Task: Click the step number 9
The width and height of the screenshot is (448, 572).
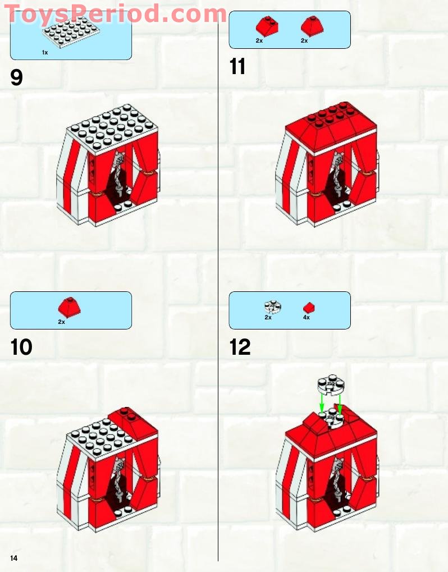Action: pos(17,77)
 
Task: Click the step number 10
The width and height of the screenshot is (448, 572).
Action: pos(22,347)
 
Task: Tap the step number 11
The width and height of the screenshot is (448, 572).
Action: pos(237,67)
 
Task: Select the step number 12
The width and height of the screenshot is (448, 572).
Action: pos(240,347)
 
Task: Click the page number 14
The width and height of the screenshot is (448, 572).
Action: pos(13,557)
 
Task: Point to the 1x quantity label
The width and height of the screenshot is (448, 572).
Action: pos(45,52)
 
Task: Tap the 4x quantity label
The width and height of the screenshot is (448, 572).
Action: pos(307,318)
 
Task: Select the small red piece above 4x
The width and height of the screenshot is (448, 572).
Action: pos(309,308)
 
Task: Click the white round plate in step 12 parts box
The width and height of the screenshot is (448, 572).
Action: pos(272,306)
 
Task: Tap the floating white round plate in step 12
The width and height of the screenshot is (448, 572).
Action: pos(330,384)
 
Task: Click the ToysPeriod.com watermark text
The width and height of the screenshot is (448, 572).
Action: pos(115,13)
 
